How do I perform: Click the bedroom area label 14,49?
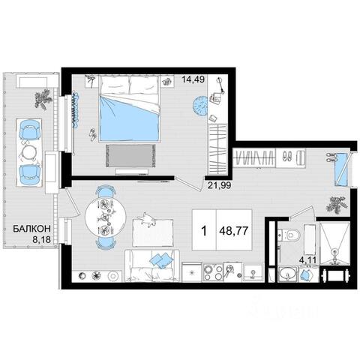(193, 79)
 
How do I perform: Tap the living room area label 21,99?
(219, 185)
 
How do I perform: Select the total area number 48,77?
(234, 230)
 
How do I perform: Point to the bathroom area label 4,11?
(307, 260)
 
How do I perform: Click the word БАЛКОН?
(31, 229)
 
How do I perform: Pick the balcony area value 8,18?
(42, 239)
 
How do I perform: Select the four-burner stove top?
(213, 272)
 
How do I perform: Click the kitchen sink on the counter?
(253, 272)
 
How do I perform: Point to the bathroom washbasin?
(288, 274)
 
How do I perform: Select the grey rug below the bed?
(130, 155)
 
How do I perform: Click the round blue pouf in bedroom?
(200, 106)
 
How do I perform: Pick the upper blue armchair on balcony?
(30, 129)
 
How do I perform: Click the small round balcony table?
(29, 152)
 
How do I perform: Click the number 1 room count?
(204, 230)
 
